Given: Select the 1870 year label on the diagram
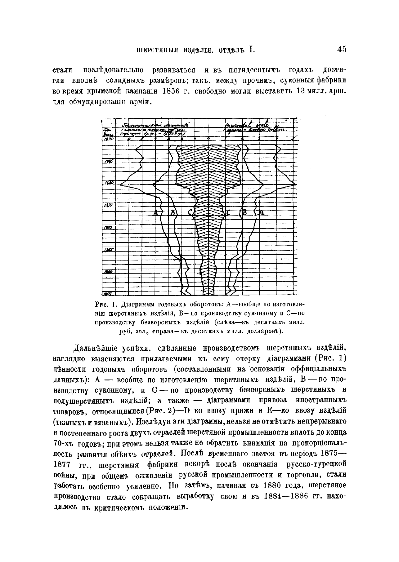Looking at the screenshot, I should click(108, 227).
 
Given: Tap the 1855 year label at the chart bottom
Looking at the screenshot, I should click(108, 293).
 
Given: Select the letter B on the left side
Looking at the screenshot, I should click(173, 213).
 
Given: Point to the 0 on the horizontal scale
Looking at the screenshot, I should click(208, 138).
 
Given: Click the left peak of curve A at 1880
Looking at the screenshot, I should click(121, 185).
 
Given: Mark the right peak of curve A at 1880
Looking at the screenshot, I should click(296, 185).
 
